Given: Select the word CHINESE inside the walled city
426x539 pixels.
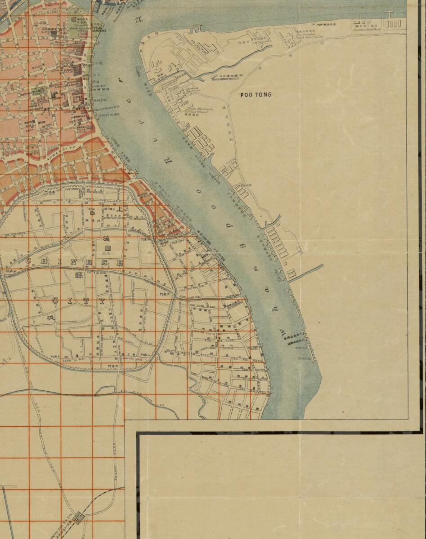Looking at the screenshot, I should [74, 261].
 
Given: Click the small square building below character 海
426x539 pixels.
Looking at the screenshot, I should [108, 248].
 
